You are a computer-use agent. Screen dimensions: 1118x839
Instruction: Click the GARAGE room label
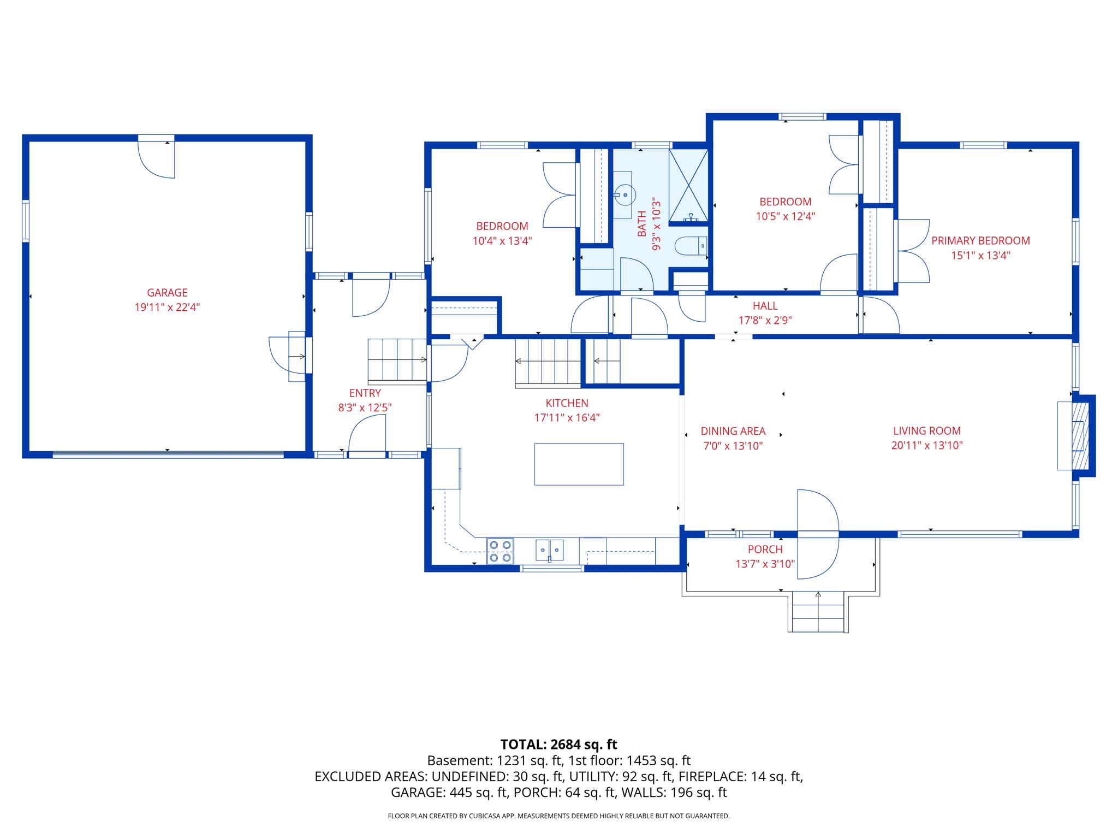[167, 293]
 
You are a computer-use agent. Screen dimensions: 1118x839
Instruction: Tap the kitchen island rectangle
[579, 464]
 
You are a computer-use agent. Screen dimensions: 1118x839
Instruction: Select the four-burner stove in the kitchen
[500, 551]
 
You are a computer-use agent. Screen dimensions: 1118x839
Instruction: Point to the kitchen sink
[549, 550]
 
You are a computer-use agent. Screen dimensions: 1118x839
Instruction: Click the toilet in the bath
[691, 246]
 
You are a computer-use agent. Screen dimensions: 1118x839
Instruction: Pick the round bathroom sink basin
[625, 195]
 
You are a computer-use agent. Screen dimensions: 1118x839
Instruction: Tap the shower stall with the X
[689, 185]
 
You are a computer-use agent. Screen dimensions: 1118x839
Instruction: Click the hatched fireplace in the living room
[1080, 435]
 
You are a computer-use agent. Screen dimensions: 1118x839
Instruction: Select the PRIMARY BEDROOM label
[980, 241]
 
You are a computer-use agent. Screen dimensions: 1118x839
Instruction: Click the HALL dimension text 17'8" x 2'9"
[765, 321]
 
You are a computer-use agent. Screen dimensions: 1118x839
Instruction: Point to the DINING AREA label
[733, 431]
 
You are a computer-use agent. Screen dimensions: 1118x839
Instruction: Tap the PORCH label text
[765, 550]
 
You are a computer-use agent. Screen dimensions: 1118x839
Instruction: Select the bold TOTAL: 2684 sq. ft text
[558, 745]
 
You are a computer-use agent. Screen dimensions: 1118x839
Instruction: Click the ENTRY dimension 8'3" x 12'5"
[365, 407]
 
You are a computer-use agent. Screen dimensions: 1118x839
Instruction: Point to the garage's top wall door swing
[156, 160]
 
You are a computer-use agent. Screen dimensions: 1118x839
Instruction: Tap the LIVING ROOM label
[927, 431]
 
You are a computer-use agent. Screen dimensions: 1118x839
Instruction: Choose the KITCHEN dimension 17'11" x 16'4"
[567, 418]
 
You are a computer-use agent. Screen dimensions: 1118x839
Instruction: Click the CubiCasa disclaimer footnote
[558, 816]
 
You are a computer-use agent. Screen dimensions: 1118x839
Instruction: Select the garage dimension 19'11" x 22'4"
[167, 308]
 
